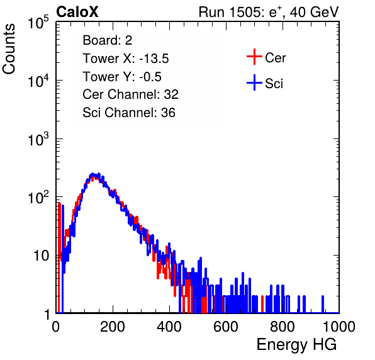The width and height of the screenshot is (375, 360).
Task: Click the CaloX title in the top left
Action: click(x=77, y=12)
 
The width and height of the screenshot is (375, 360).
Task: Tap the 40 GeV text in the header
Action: click(x=314, y=12)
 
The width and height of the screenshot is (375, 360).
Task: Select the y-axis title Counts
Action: click(x=9, y=49)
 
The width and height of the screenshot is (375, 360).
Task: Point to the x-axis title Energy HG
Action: click(x=296, y=345)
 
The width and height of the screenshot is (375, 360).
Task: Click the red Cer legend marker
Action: click(x=254, y=57)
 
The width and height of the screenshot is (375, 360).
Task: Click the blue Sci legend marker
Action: click(x=254, y=82)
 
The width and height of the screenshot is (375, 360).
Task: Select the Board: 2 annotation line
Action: click(x=108, y=40)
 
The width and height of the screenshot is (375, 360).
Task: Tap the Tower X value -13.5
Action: click(x=154, y=59)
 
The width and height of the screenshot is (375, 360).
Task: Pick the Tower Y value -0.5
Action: click(x=150, y=77)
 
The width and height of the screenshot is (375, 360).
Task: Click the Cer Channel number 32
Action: click(x=171, y=94)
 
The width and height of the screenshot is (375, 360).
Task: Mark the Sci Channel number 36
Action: click(x=168, y=113)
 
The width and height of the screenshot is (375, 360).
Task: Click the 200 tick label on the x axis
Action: click(x=113, y=327)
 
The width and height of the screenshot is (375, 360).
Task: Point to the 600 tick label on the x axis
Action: click(x=225, y=327)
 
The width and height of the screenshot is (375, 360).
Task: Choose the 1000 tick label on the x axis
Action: click(x=339, y=327)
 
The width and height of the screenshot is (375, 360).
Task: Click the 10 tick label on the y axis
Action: click(x=42, y=256)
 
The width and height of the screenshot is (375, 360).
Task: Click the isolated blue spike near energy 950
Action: click(x=323, y=304)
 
